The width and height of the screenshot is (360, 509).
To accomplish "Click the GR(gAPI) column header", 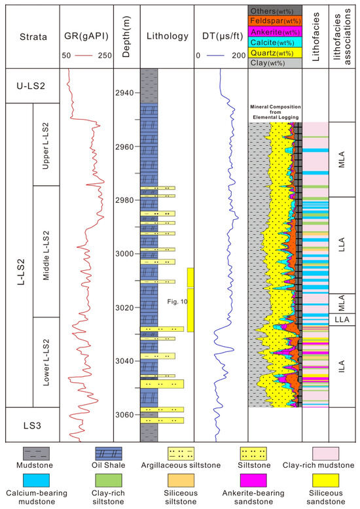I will click(x=86, y=37).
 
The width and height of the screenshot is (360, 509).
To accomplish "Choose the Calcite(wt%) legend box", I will click(x=275, y=43).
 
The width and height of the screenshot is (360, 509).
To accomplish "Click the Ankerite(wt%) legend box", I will click(x=275, y=32).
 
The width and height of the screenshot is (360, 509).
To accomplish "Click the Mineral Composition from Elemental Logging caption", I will click(x=275, y=111).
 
